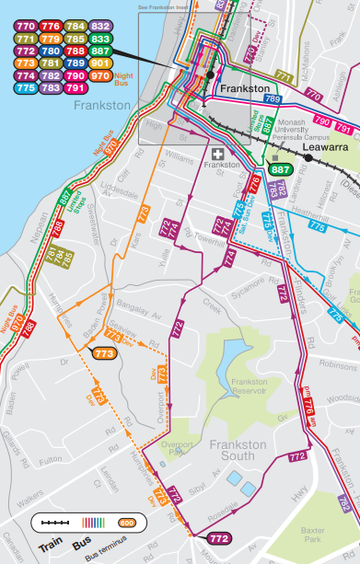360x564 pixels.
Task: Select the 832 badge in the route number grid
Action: click(101, 25)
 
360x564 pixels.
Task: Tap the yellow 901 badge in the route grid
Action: click(101, 63)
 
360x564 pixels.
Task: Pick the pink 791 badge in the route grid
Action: click(76, 88)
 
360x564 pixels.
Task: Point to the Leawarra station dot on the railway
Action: click(308, 158)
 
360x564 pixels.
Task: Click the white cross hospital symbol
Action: click(217, 153)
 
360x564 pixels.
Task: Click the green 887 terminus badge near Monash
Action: click(281, 169)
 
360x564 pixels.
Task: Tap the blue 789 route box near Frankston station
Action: click(272, 98)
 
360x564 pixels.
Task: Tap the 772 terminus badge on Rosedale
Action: click(218, 538)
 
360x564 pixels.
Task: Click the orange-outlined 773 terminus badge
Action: click(105, 352)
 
